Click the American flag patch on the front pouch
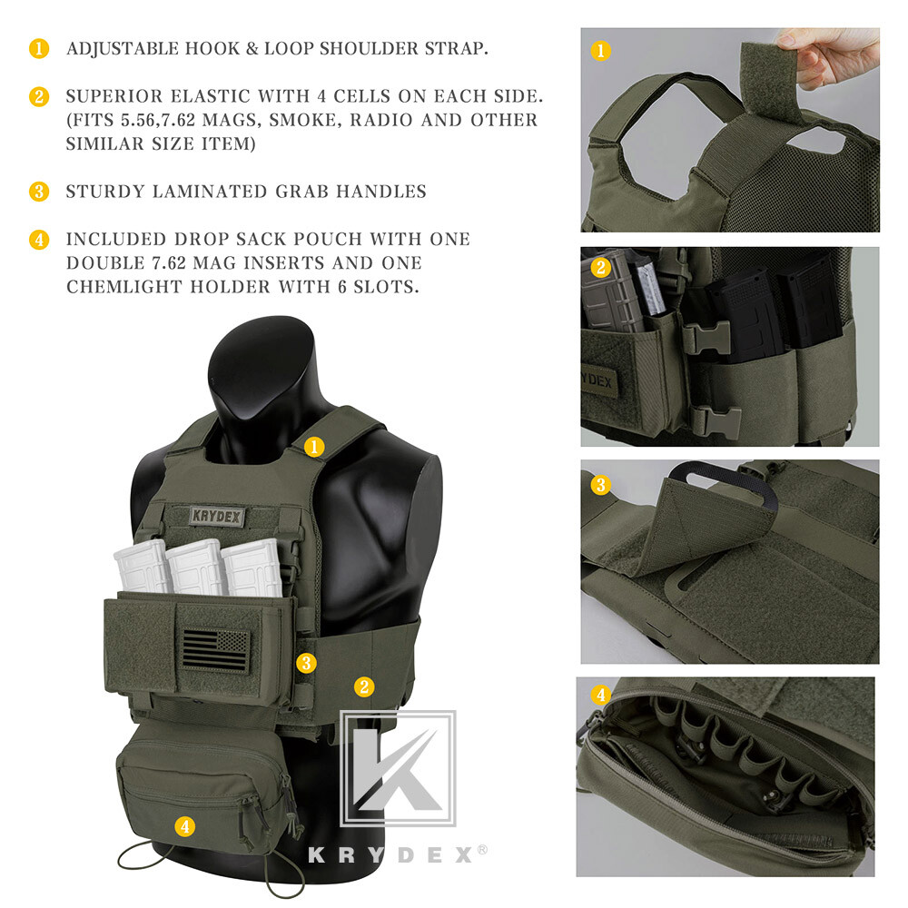click(215, 651)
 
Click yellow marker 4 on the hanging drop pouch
click(185, 826)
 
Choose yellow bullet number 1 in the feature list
click(39, 49)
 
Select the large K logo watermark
click(398, 768)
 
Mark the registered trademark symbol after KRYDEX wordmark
click(482, 850)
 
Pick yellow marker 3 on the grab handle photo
click(600, 485)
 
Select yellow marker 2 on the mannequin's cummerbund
click(364, 686)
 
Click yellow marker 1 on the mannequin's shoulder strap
click(314, 446)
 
